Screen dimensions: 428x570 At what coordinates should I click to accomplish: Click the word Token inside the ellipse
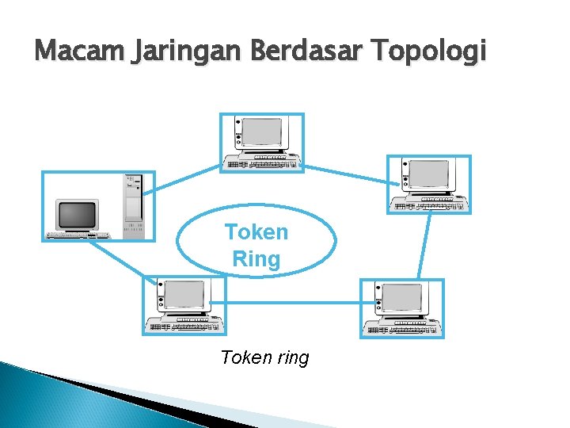click(x=256, y=232)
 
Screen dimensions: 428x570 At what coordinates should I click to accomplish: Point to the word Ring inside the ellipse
click(x=256, y=259)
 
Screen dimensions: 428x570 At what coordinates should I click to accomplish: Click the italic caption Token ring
click(x=264, y=357)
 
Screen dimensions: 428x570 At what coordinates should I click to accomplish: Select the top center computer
click(x=261, y=143)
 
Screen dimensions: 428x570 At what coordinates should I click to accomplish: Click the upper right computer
click(x=428, y=185)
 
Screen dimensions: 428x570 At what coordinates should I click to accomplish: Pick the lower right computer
click(x=402, y=308)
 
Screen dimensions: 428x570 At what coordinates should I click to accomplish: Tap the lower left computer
click(x=184, y=305)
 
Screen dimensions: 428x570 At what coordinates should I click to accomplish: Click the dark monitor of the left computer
click(x=77, y=214)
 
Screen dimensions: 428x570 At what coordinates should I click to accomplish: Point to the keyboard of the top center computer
click(x=261, y=163)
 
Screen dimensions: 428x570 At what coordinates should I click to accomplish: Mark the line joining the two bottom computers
click(x=293, y=301)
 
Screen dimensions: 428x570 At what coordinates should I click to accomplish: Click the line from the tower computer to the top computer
click(x=187, y=180)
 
